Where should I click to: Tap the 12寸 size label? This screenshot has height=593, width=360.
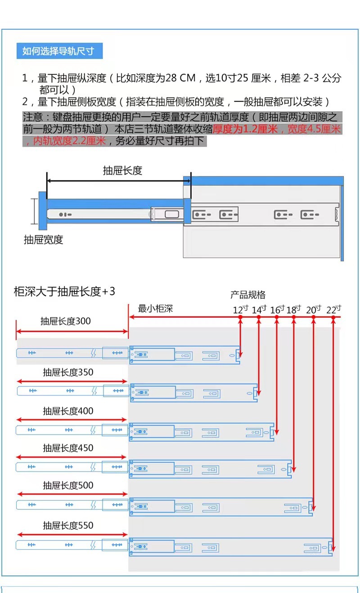pyautogui.click(x=240, y=310)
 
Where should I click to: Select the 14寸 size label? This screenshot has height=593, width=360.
pyautogui.click(x=259, y=310)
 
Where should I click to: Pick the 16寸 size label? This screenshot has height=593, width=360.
pyautogui.click(x=277, y=310)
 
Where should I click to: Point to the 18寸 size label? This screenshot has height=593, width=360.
pyautogui.click(x=293, y=310)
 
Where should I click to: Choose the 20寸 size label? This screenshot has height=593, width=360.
pyautogui.click(x=314, y=310)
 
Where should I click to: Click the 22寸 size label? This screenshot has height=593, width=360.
pyautogui.click(x=333, y=310)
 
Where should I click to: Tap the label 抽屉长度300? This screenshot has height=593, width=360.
pyautogui.click(x=65, y=321)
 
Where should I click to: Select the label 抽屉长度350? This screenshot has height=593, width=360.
pyautogui.click(x=68, y=373)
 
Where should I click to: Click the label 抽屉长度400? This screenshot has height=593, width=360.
pyautogui.click(x=68, y=411)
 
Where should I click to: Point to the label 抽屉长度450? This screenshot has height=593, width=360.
pyautogui.click(x=68, y=448)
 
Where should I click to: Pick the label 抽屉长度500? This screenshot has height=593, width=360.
pyautogui.click(x=68, y=485)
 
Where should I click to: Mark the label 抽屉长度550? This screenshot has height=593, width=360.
pyautogui.click(x=68, y=525)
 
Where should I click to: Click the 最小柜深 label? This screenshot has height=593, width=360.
pyautogui.click(x=155, y=309)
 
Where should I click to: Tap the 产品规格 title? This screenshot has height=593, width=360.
pyautogui.click(x=248, y=295)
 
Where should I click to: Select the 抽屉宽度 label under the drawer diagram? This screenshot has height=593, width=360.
pyautogui.click(x=43, y=240)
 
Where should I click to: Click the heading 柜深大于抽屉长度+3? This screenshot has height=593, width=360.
pyautogui.click(x=64, y=292)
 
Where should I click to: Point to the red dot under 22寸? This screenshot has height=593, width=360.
pyautogui.click(x=333, y=318)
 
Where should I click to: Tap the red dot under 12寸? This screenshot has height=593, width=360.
pyautogui.click(x=240, y=318)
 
